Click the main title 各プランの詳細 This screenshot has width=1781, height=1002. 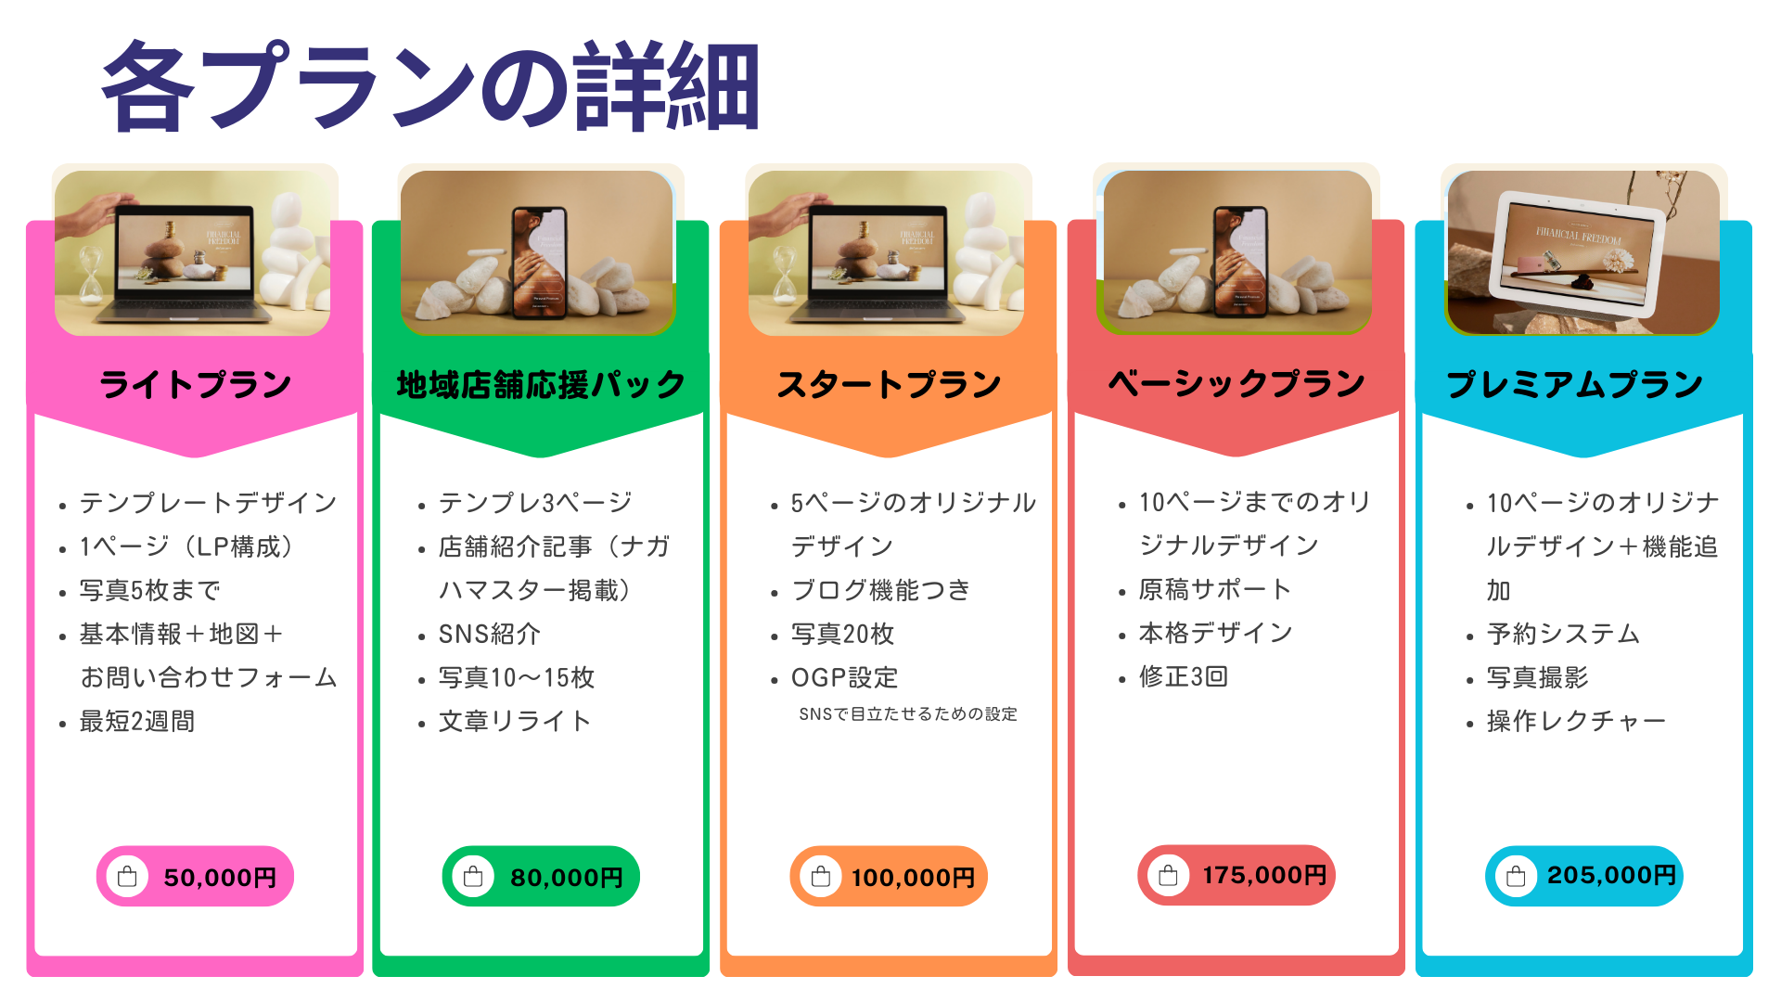tap(431, 85)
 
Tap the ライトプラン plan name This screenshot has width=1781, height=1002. tap(195, 384)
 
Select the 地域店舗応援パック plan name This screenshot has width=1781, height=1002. tap(541, 384)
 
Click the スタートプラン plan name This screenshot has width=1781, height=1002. tap(889, 384)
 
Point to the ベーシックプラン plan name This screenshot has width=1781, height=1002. tap(1236, 383)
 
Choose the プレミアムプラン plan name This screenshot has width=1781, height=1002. tap(1575, 384)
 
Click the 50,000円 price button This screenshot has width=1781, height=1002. tap(195, 876)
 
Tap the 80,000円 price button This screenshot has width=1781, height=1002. tap(541, 876)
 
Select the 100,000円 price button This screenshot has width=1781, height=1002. tap(889, 876)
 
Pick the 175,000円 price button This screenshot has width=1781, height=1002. tap(1236, 875)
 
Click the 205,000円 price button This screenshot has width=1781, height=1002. tap(1584, 876)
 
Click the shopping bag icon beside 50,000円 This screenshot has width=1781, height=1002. tap(128, 877)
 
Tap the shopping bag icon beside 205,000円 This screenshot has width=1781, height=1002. tap(1517, 876)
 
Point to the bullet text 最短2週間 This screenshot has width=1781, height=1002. tap(137, 721)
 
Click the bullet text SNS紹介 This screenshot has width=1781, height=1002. tap(490, 634)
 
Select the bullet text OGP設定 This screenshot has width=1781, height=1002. tap(844, 677)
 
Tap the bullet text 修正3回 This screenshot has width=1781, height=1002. tap(1184, 676)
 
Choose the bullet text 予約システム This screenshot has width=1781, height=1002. tap(1563, 634)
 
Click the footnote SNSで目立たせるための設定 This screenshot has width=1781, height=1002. tap(908, 714)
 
